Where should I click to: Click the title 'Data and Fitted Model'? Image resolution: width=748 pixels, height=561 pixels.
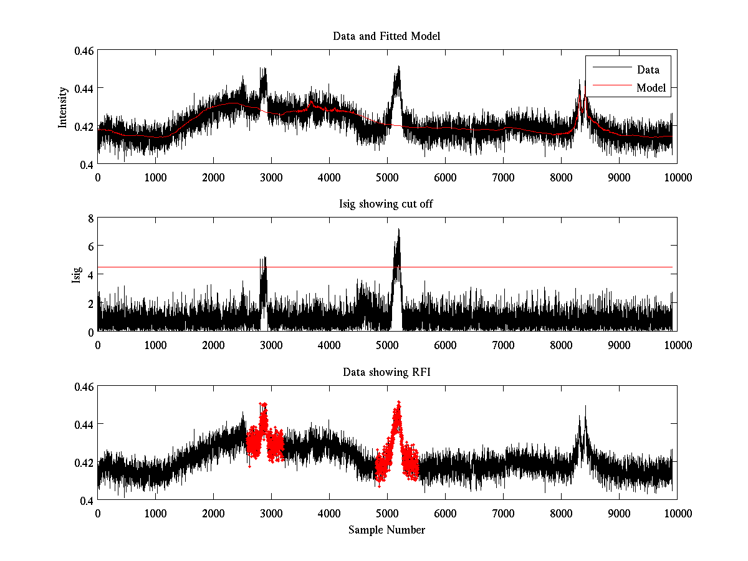(386, 36)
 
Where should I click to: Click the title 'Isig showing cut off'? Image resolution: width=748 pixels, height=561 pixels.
(386, 204)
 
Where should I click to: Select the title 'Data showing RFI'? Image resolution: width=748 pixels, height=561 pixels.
(386, 372)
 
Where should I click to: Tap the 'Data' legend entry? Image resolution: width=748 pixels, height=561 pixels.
(648, 69)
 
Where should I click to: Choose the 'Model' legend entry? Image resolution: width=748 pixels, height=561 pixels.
(651, 88)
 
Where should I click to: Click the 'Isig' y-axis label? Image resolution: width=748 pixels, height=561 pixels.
(77, 275)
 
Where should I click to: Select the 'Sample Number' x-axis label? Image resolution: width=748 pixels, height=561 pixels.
(386, 530)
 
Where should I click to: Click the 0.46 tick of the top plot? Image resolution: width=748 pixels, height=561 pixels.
(84, 50)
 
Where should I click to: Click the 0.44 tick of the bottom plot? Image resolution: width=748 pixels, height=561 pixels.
(84, 424)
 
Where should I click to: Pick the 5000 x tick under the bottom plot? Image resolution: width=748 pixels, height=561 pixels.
(387, 513)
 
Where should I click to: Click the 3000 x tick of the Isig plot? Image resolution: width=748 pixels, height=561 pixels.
(271, 345)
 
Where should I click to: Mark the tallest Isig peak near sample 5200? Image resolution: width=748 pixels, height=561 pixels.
(398, 231)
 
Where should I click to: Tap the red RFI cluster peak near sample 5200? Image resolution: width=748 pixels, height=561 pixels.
(398, 403)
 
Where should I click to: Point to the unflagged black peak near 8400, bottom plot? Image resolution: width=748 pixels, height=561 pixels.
(585, 408)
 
